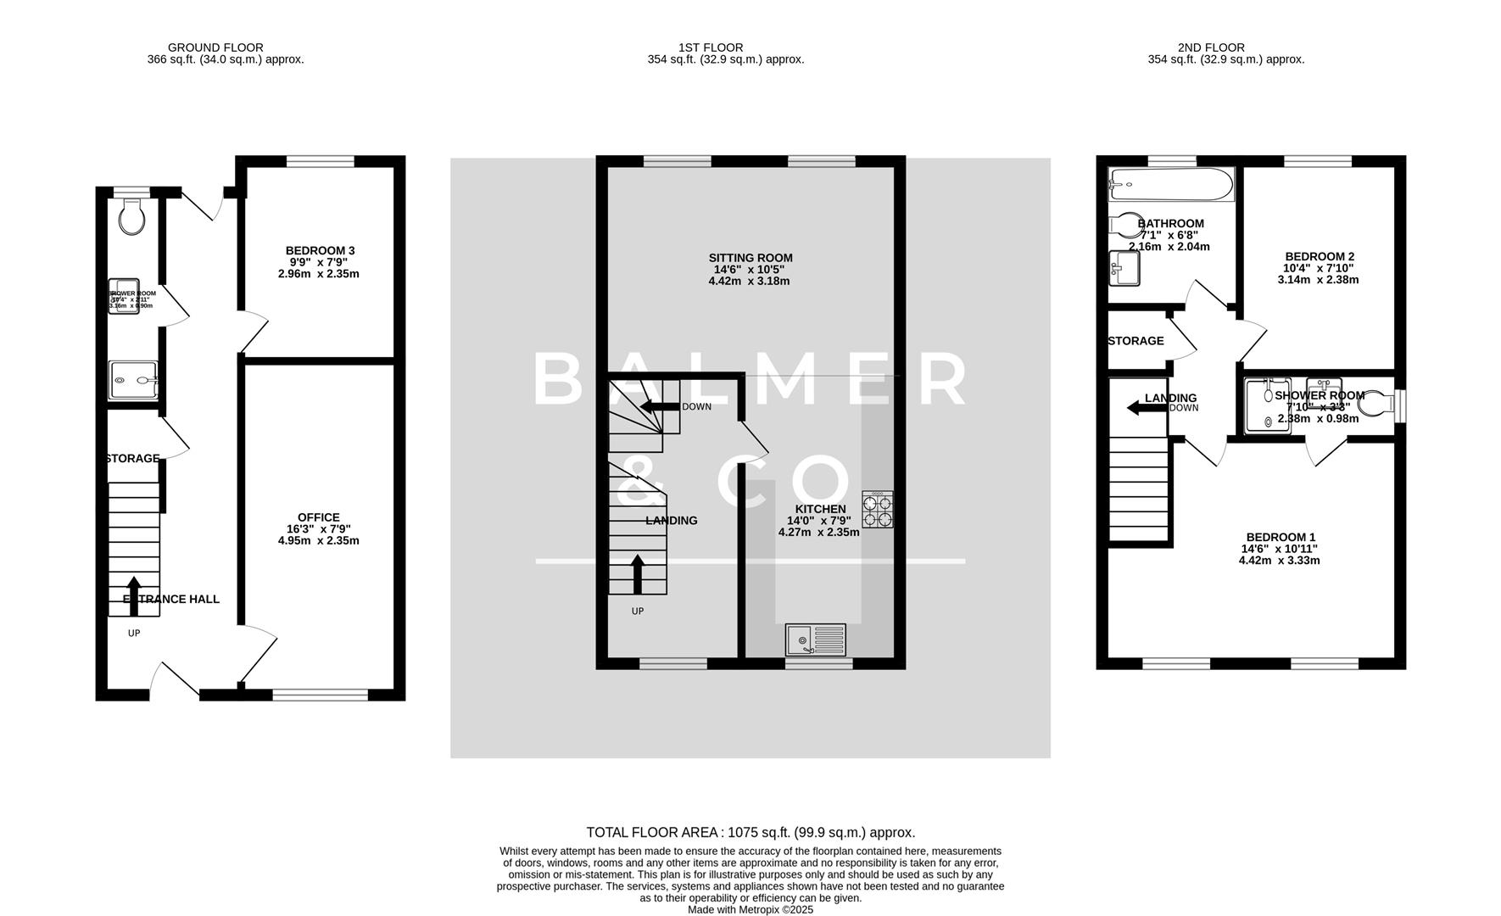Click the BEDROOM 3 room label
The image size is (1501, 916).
320,250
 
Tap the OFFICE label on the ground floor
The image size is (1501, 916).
318,517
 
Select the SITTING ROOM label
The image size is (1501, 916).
750,258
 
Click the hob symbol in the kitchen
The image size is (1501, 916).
878,509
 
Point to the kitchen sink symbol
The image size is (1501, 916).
815,640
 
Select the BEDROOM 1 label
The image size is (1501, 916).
1281,537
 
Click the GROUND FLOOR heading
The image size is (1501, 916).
215,47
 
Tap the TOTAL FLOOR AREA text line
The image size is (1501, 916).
750,833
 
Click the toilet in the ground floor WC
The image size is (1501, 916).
131,217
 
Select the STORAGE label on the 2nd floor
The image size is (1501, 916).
1136,341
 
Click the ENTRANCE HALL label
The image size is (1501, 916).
171,599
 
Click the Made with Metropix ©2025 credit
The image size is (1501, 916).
750,909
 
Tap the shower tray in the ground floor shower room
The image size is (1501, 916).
132,381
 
